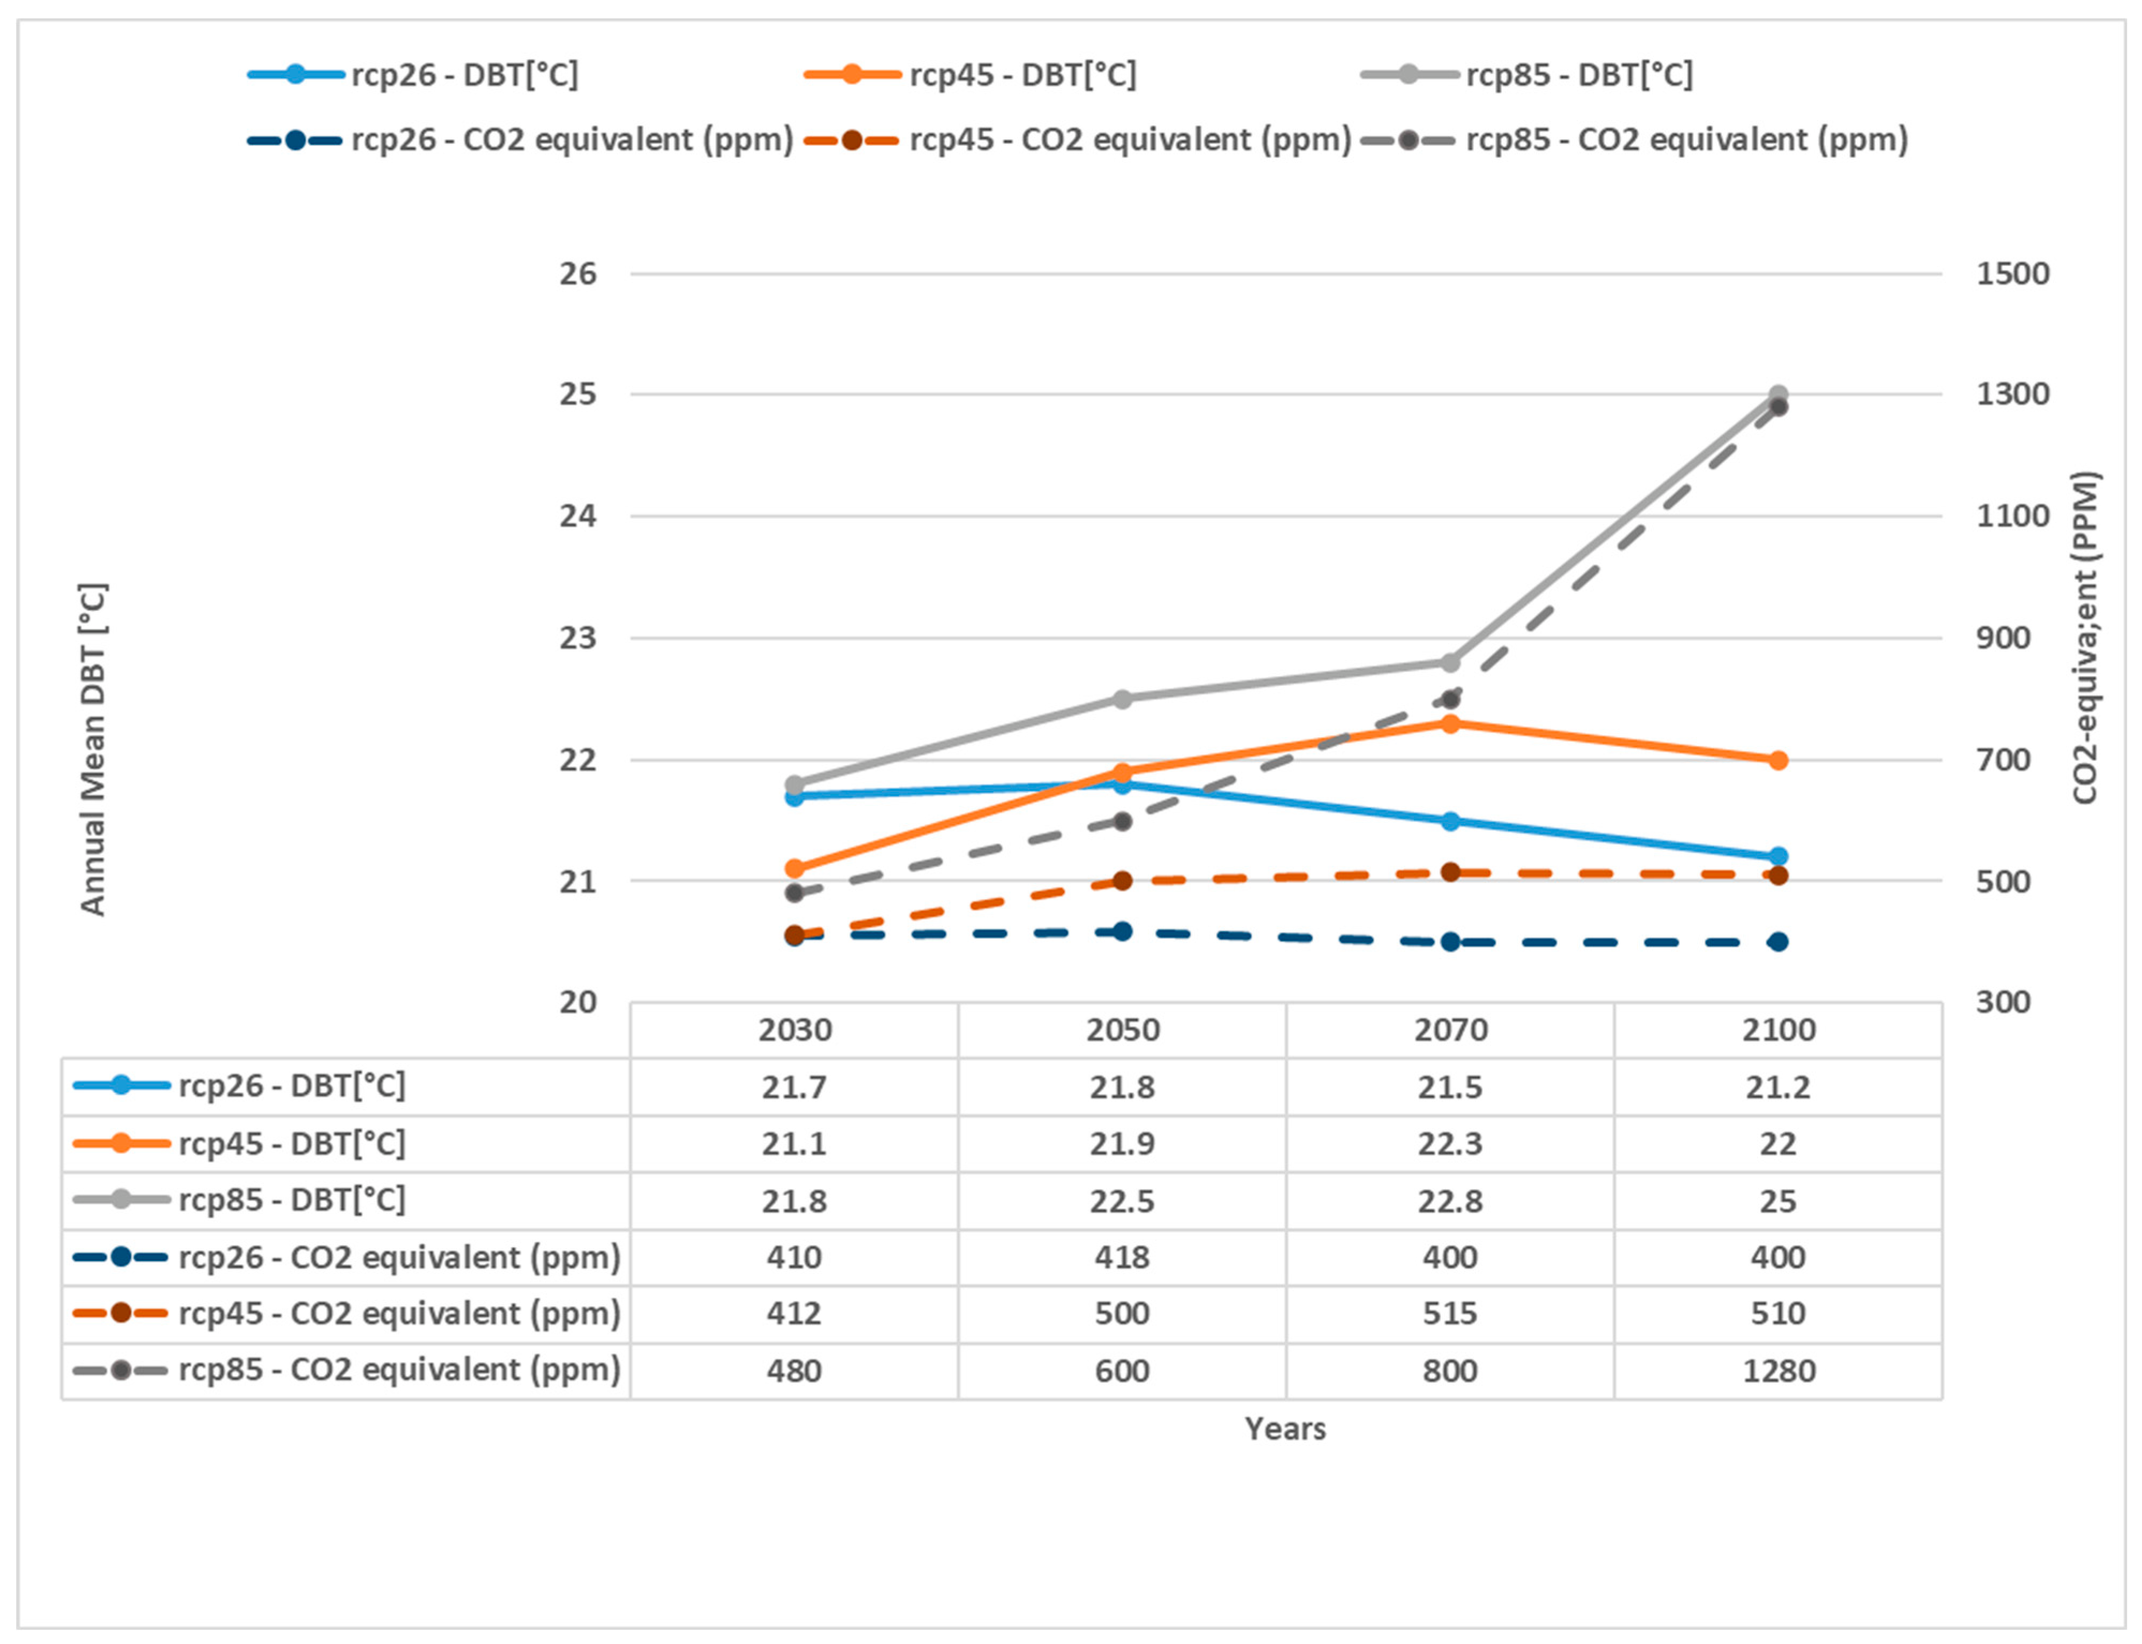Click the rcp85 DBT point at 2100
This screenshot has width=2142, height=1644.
[x=1778, y=394]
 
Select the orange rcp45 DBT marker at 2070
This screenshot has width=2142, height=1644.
[x=1450, y=723]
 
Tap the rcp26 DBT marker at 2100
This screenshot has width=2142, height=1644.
[x=1778, y=856]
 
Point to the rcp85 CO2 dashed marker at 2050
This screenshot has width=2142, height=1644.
[x=1122, y=821]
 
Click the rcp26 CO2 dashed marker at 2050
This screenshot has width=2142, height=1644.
[x=1122, y=931]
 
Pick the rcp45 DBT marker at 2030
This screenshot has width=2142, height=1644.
[x=795, y=868]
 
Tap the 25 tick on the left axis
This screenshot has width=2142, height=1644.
[x=577, y=394]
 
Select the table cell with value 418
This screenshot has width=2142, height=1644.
[x=1122, y=1257]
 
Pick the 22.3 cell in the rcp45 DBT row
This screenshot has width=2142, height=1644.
[x=1450, y=1144]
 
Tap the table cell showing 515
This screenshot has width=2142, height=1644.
[x=1450, y=1313]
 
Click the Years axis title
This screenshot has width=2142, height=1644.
[x=1285, y=1428]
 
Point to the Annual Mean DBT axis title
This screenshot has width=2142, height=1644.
[x=93, y=749]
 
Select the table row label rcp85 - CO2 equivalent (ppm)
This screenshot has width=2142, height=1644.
[x=399, y=1370]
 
